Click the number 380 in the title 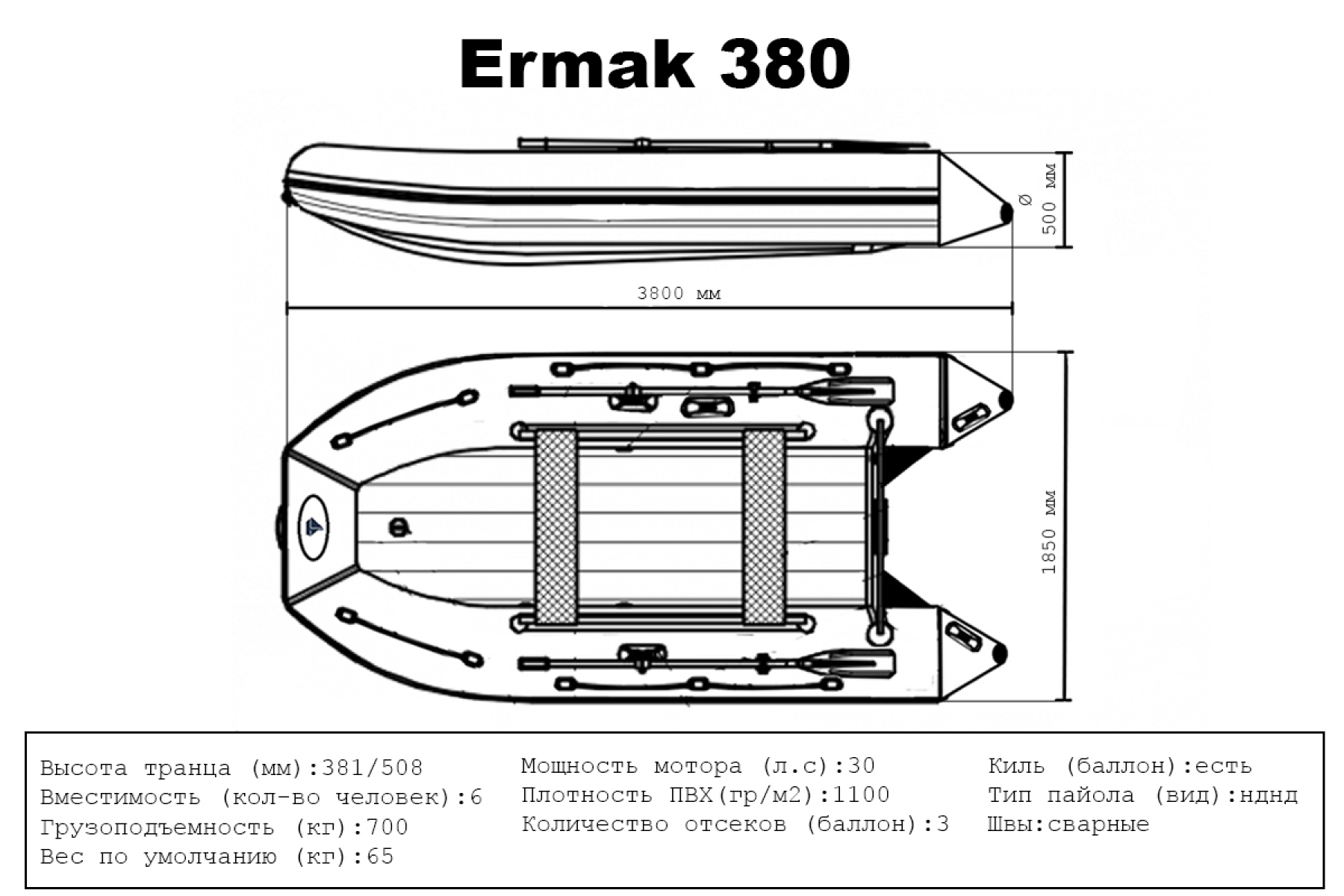pyautogui.click(x=784, y=64)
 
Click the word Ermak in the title pyautogui.click(x=577, y=64)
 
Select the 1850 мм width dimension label pyautogui.click(x=1049, y=532)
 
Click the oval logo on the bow pyautogui.click(x=314, y=527)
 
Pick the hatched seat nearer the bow pyautogui.click(x=556, y=527)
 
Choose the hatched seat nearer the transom pyautogui.click(x=763, y=527)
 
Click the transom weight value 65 pyautogui.click(x=380, y=856)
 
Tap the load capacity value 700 pyautogui.click(x=387, y=827)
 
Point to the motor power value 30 pyautogui.click(x=861, y=765)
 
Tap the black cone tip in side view pyautogui.click(x=1006, y=213)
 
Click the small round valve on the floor pyautogui.click(x=400, y=527)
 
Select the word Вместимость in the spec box pyautogui.click(x=120, y=797)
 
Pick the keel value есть pyautogui.click(x=1223, y=766)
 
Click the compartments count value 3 pyautogui.click(x=942, y=824)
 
